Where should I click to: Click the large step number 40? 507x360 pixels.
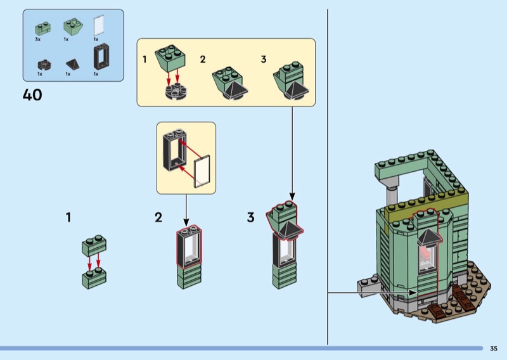[x=32, y=95]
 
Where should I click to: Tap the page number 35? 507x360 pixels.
[x=494, y=348]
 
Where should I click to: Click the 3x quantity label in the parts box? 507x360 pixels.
[x=38, y=39]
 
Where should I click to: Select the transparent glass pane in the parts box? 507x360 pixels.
[x=98, y=25]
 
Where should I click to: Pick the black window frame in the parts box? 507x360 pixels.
[x=99, y=57]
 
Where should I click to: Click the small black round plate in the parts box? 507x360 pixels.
[x=42, y=64]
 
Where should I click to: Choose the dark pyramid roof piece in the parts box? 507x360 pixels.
[x=71, y=64]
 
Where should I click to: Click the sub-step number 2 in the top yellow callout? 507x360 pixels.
[x=203, y=60]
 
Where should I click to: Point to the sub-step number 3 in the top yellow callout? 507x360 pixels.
[x=264, y=60]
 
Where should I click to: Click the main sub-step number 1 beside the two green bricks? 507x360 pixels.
[x=68, y=217]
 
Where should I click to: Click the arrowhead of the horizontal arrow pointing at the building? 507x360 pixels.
[x=415, y=292]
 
